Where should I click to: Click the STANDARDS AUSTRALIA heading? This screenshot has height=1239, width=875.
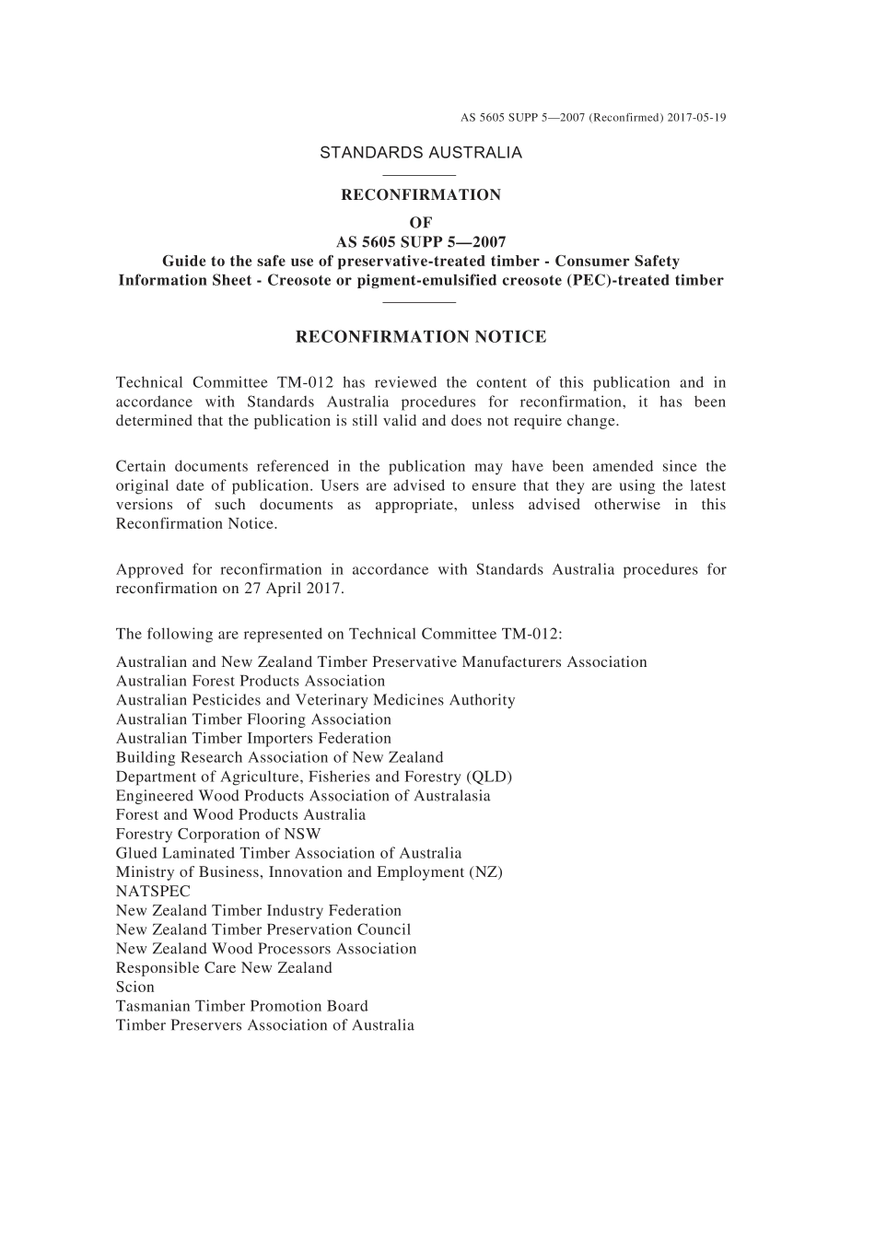(x=421, y=153)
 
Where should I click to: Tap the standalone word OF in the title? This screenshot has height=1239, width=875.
(x=420, y=222)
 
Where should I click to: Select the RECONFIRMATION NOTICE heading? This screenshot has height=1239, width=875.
(x=421, y=337)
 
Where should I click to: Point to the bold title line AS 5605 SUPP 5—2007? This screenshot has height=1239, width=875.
(x=421, y=242)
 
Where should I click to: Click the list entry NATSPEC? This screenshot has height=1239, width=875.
(x=153, y=892)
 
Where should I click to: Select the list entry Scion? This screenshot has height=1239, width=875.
(x=135, y=988)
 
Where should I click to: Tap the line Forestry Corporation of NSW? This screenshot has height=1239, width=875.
(x=218, y=835)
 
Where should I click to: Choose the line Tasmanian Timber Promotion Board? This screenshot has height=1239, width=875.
(x=241, y=1006)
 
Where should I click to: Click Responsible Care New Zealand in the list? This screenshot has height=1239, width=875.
(x=224, y=968)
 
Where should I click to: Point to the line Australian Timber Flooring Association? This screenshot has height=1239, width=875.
(x=253, y=719)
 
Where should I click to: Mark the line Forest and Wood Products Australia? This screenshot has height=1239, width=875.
(x=240, y=815)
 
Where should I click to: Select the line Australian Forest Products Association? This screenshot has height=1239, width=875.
(x=251, y=682)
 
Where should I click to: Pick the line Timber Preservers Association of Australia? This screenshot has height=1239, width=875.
(x=265, y=1025)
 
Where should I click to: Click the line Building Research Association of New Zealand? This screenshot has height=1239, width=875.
(x=279, y=757)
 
